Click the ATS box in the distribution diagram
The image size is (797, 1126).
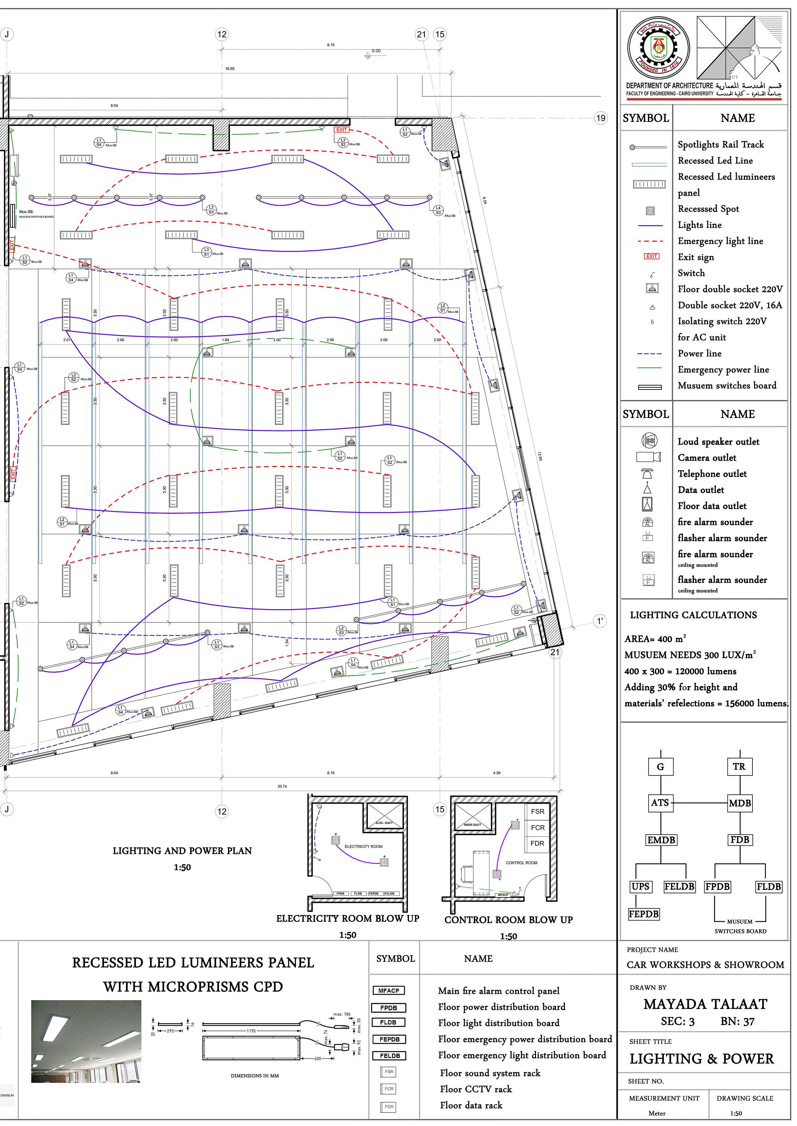click(660, 803)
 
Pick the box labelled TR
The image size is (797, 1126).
click(739, 767)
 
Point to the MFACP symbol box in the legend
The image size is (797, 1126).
click(389, 991)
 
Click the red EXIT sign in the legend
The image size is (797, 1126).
click(651, 256)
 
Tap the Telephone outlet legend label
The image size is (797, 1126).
click(712, 474)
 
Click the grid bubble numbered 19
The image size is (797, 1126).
click(601, 118)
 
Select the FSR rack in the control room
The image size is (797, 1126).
click(538, 812)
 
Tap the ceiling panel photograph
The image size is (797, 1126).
click(86, 1042)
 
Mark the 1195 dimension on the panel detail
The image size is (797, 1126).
click(251, 1031)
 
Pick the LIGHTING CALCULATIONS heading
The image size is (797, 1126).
click(693, 615)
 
